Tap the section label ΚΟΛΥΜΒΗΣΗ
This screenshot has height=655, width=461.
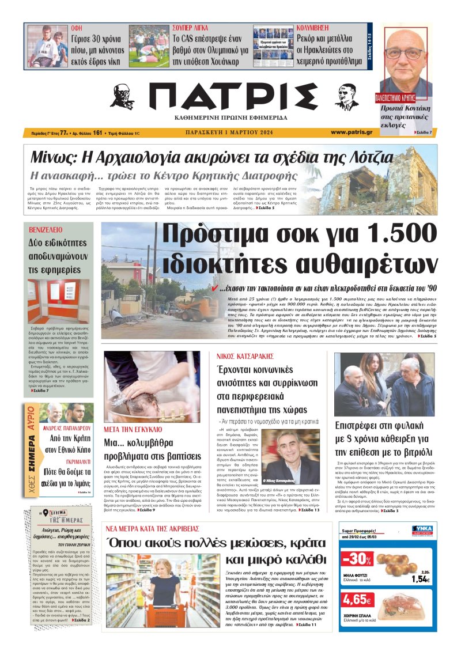pos(314,27)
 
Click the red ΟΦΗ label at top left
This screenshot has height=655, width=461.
pos(76,27)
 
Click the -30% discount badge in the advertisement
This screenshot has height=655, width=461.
pos(356,559)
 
